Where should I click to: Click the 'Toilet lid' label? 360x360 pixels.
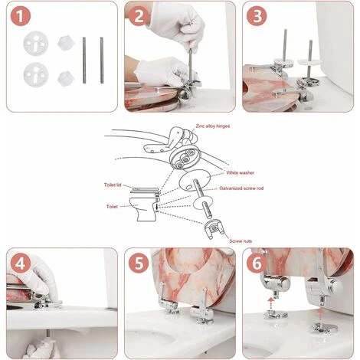[x=116, y=185]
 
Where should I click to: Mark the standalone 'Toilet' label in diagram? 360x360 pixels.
[x=113, y=206]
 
